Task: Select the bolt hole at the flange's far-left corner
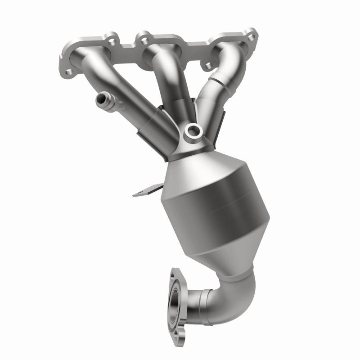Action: pyautogui.click(x=68, y=72)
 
